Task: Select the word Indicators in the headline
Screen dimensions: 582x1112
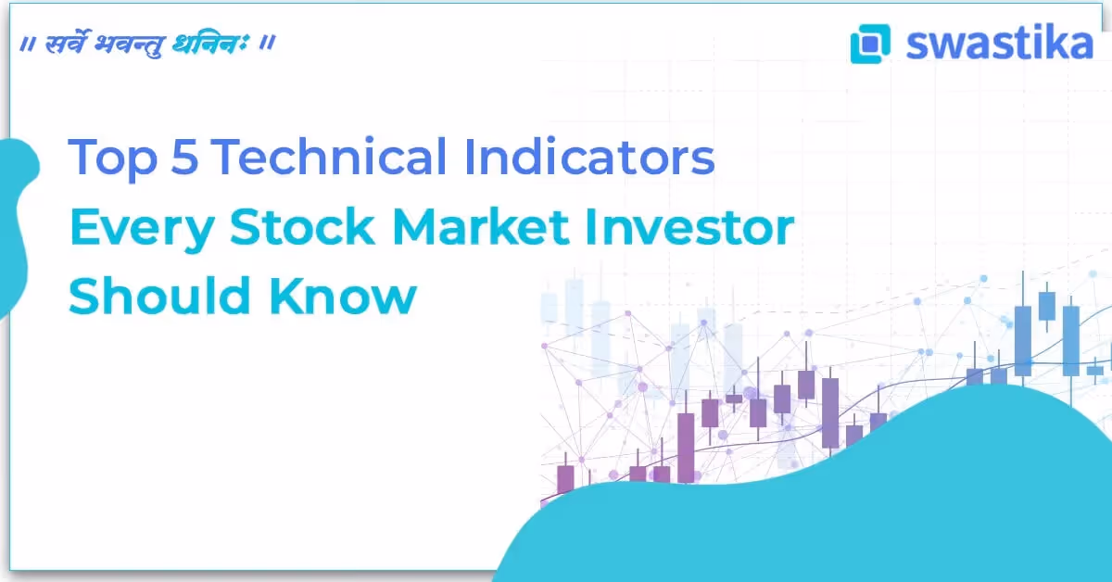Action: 590,158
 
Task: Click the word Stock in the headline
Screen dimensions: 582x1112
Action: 303,228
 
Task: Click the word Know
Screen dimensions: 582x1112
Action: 344,297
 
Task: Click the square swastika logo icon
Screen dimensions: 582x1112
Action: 869,44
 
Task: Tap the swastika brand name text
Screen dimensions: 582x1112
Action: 999,43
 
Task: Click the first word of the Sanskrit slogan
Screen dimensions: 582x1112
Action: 67,44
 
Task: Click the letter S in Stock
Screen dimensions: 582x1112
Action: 244,228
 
